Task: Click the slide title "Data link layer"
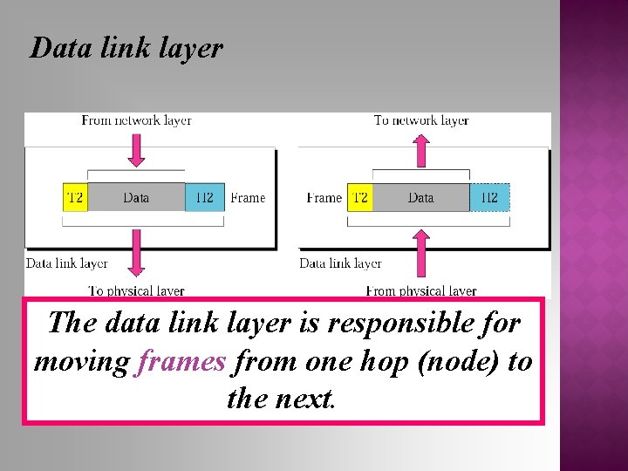126,48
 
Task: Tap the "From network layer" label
136,120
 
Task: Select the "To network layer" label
421,120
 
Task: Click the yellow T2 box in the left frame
75,197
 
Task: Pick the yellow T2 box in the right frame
359,197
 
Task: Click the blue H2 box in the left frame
204,197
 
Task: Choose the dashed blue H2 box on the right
489,197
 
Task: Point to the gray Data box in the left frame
136,197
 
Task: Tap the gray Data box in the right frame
420,197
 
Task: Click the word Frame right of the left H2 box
248,198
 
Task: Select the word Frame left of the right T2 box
324,198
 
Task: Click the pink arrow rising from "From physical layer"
421,253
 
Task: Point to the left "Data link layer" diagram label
67,263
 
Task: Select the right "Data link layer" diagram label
341,263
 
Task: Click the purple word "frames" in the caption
181,361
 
